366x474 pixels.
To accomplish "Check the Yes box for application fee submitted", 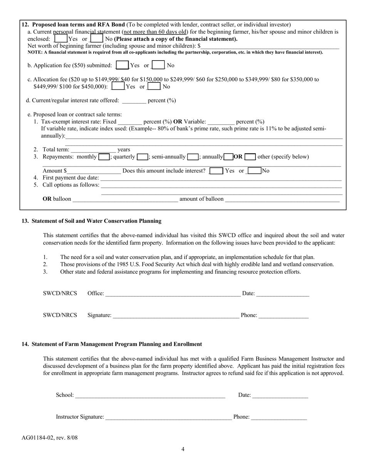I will click(x=122, y=65).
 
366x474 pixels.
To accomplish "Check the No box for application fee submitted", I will click(x=158, y=65).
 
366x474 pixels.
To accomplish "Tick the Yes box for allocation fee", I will click(x=118, y=86).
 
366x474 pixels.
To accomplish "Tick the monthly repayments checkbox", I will click(x=104, y=157).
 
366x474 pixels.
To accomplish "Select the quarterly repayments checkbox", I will click(x=143, y=157).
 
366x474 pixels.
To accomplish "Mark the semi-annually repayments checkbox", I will click(x=193, y=157).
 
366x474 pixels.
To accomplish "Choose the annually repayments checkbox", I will click(x=228, y=157).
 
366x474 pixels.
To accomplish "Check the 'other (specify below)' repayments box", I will click(x=250, y=157).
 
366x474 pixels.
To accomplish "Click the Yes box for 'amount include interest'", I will click(x=216, y=171).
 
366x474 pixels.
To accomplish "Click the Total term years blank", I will click(x=93, y=150).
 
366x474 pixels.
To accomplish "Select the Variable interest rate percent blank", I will click(x=221, y=122).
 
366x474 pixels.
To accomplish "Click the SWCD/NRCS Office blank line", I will click(x=173, y=294).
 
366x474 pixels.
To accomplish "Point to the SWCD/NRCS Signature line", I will click(x=176, y=316).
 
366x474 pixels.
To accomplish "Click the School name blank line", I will click(x=150, y=395).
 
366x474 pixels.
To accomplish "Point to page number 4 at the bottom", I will click(x=183, y=449).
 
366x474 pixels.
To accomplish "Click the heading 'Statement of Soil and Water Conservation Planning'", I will click(x=96, y=221).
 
